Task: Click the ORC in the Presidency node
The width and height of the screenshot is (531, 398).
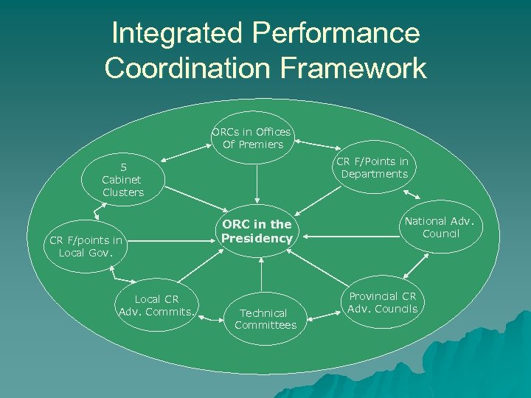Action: pyautogui.click(x=257, y=231)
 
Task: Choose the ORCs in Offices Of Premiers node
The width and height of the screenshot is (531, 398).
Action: pyautogui.click(x=252, y=139)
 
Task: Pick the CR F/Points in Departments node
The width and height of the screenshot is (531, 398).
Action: pyautogui.click(x=372, y=168)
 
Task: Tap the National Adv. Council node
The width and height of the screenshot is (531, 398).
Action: pyautogui.click(x=441, y=227)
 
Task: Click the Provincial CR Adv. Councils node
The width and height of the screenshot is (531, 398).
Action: pyautogui.click(x=382, y=302)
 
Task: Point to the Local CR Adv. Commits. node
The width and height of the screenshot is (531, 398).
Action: pyautogui.click(x=157, y=305)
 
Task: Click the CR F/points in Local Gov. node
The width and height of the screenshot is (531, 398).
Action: pyautogui.click(x=86, y=245)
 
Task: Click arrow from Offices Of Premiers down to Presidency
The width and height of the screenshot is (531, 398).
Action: pyautogui.click(x=257, y=183)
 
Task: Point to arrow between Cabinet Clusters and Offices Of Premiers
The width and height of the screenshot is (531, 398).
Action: pyautogui.click(x=184, y=155)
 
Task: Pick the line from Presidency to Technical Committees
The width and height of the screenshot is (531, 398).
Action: pyautogui.click(x=260, y=272)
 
